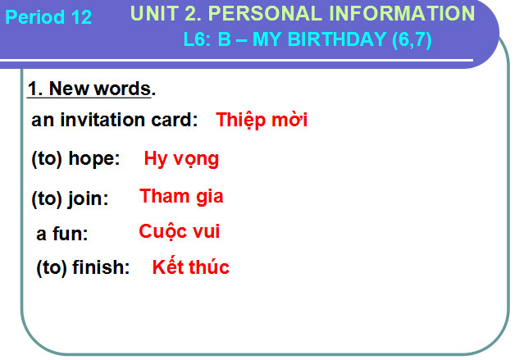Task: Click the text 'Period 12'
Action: [x=48, y=17]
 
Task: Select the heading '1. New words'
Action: [x=89, y=89]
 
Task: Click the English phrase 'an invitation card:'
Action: [x=115, y=121]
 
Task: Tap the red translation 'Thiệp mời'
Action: [x=262, y=120]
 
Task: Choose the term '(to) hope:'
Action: [x=75, y=159]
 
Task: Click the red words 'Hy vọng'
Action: [x=181, y=159]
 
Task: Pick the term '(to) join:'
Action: [x=70, y=198]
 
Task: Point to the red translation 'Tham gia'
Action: [x=181, y=197]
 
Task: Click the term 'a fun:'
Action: [x=62, y=234]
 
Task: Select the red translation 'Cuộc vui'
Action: [x=180, y=232]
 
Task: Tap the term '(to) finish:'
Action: [x=83, y=268]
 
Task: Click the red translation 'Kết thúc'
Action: [x=190, y=267]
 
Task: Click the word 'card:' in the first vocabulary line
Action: [x=173, y=121]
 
